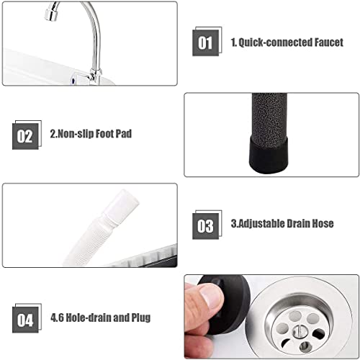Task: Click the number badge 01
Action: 205,42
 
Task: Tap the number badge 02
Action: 25,135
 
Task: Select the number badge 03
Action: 205,225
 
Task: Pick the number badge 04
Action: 25,318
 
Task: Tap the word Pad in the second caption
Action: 123,135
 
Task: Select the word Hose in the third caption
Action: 322,225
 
